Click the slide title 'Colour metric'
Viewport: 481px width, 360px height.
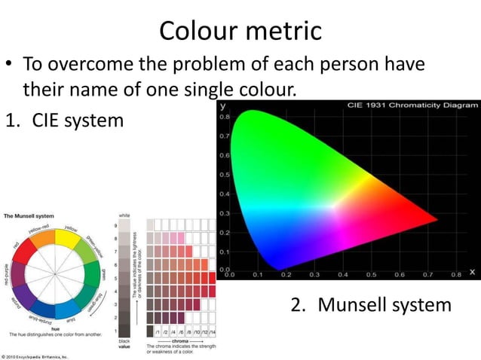(240, 30)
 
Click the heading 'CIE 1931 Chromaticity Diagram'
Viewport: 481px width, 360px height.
(412, 105)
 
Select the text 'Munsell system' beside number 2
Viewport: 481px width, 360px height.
(384, 305)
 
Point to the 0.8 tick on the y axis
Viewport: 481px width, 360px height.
(225, 117)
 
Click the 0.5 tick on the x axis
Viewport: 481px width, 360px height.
(372, 276)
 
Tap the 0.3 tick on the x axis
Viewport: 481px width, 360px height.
(314, 276)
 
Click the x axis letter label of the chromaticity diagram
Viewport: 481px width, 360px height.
(472, 271)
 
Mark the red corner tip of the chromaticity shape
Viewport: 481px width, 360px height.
(435, 220)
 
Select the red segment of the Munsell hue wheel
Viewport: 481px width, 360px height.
(32, 250)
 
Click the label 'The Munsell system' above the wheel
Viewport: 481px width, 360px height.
(29, 216)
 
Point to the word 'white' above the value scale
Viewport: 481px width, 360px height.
(124, 215)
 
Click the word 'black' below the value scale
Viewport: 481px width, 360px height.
(124, 341)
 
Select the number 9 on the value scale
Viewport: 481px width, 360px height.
(115, 224)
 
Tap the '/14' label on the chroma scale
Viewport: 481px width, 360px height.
(212, 331)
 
